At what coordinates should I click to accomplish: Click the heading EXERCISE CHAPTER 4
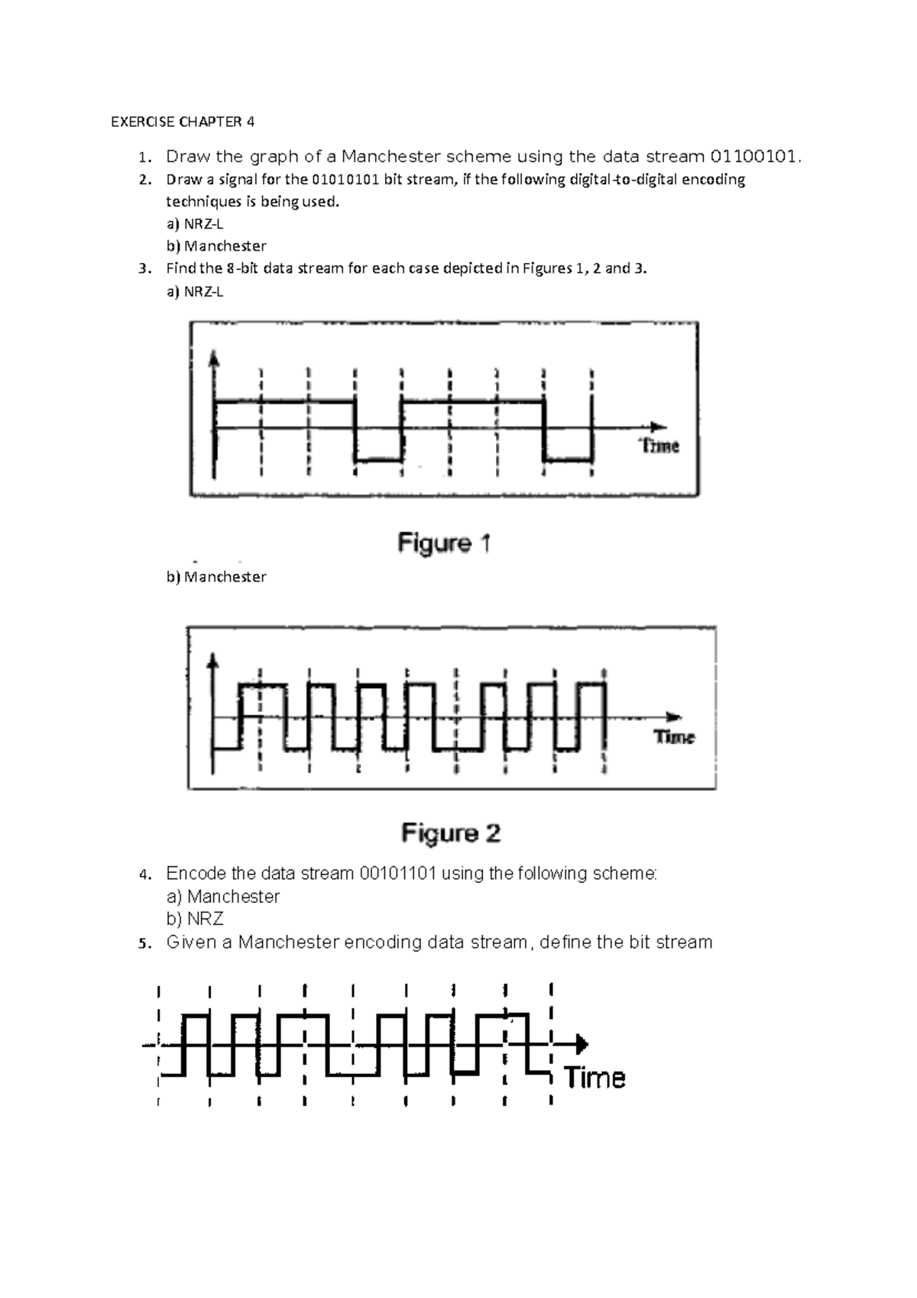(x=183, y=122)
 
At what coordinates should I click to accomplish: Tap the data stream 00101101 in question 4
(x=397, y=873)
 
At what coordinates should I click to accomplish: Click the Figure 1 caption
(x=444, y=544)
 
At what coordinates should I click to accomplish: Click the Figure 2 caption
(x=451, y=832)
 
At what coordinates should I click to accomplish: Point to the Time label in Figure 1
(x=659, y=446)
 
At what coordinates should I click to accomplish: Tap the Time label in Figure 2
(x=674, y=737)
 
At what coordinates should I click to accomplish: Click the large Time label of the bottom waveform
(x=595, y=1078)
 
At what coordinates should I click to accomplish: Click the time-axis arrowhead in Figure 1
(x=658, y=427)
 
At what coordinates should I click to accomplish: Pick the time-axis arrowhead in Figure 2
(x=673, y=716)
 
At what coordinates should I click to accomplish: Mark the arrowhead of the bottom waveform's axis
(x=582, y=1043)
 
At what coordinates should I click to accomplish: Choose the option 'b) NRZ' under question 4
(x=195, y=919)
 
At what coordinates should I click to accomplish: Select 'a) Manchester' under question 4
(x=223, y=896)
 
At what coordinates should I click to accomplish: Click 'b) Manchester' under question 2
(x=216, y=246)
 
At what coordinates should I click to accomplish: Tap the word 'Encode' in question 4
(x=195, y=873)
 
